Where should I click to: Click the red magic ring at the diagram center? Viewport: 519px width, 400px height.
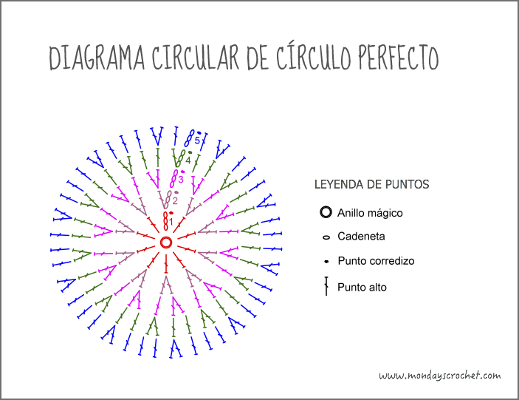[166, 243]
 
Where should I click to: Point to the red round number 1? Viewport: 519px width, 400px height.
[171, 222]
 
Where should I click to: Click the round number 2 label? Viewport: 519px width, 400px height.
[175, 200]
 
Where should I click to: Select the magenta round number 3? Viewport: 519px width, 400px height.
[181, 179]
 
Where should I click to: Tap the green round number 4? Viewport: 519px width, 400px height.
[188, 160]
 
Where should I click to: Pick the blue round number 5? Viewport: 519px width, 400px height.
[197, 140]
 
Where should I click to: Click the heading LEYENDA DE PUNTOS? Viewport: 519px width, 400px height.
[372, 183]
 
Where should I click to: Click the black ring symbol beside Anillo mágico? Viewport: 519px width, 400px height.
[326, 213]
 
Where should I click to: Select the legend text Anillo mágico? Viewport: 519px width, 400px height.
[370, 213]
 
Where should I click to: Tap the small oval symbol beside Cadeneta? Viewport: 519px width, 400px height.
[326, 237]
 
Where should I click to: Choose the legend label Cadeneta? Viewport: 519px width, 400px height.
[361, 237]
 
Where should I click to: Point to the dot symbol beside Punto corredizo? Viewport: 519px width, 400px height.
[326, 262]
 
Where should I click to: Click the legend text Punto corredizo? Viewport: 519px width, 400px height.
[376, 262]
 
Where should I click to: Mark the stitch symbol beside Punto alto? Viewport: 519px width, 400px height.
[326, 287]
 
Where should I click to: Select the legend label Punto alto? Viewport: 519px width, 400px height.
[362, 287]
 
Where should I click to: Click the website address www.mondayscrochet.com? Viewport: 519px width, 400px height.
[440, 376]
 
